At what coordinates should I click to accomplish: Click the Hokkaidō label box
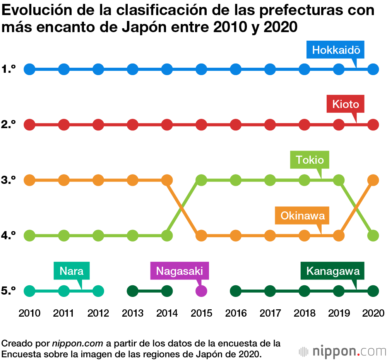336,50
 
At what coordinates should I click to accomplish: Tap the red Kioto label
346,105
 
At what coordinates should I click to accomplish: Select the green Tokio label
310,159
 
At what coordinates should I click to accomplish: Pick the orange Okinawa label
302,215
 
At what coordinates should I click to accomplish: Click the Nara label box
72,271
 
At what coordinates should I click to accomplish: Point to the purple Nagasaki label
179,271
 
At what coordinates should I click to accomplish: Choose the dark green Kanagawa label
333,271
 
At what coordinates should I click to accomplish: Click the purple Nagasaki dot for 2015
201,291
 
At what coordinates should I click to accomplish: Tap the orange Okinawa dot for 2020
373,180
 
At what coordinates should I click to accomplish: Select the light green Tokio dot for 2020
373,235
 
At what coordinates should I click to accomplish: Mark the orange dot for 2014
167,180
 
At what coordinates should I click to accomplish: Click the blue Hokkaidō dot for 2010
29,70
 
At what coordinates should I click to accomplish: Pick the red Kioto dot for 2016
236,125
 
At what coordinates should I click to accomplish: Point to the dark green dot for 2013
133,291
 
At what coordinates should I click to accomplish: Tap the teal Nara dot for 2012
98,291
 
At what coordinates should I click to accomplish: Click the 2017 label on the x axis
270,313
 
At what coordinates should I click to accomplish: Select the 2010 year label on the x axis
29,313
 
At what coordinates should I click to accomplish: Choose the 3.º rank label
8,180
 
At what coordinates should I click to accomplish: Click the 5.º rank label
8,291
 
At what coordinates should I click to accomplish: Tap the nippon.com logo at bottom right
342,351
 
